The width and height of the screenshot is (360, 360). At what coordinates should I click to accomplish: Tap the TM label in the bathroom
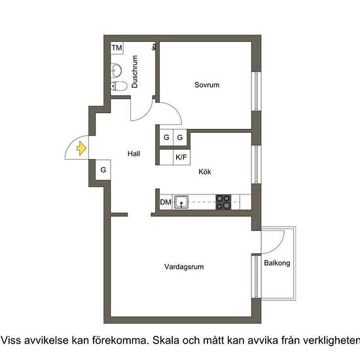pyautogui.click(x=117, y=48)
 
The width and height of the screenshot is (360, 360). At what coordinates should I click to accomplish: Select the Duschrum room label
pyautogui.click(x=135, y=72)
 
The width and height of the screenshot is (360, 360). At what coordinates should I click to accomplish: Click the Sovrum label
pyautogui.click(x=206, y=85)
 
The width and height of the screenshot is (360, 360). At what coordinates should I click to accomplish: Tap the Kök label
pyautogui.click(x=206, y=172)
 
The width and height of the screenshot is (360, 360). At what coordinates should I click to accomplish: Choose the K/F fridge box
pyautogui.click(x=181, y=157)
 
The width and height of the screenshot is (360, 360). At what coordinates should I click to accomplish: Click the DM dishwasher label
pyautogui.click(x=166, y=202)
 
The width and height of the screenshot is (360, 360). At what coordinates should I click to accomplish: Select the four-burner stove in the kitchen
pyautogui.click(x=225, y=202)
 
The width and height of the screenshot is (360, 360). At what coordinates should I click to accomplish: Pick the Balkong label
pyautogui.click(x=277, y=263)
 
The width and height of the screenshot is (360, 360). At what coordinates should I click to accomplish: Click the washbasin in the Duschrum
pyautogui.click(x=117, y=69)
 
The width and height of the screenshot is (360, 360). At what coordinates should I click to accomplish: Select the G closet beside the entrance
pyautogui.click(x=103, y=170)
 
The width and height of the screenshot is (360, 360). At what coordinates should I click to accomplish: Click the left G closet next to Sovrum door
pyautogui.click(x=166, y=137)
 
